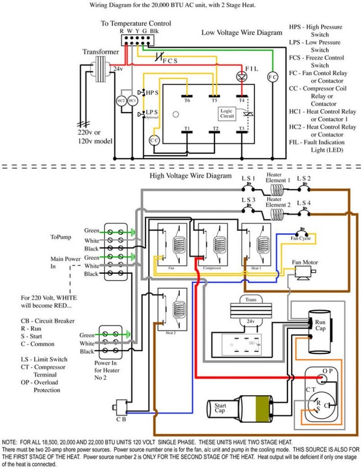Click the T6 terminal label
pyautogui.click(x=187, y=100)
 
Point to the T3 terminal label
pyautogui.click(x=241, y=128)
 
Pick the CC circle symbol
pyautogui.click(x=155, y=140)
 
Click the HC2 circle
pyautogui.click(x=121, y=100)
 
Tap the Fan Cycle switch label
pyautogui.click(x=301, y=238)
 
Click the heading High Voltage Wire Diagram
pyautogui.click(x=190, y=175)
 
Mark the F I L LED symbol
pyautogui.click(x=241, y=76)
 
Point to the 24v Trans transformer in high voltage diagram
pyautogui.click(x=244, y=312)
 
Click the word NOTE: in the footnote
pyautogui.click(x=11, y=442)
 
